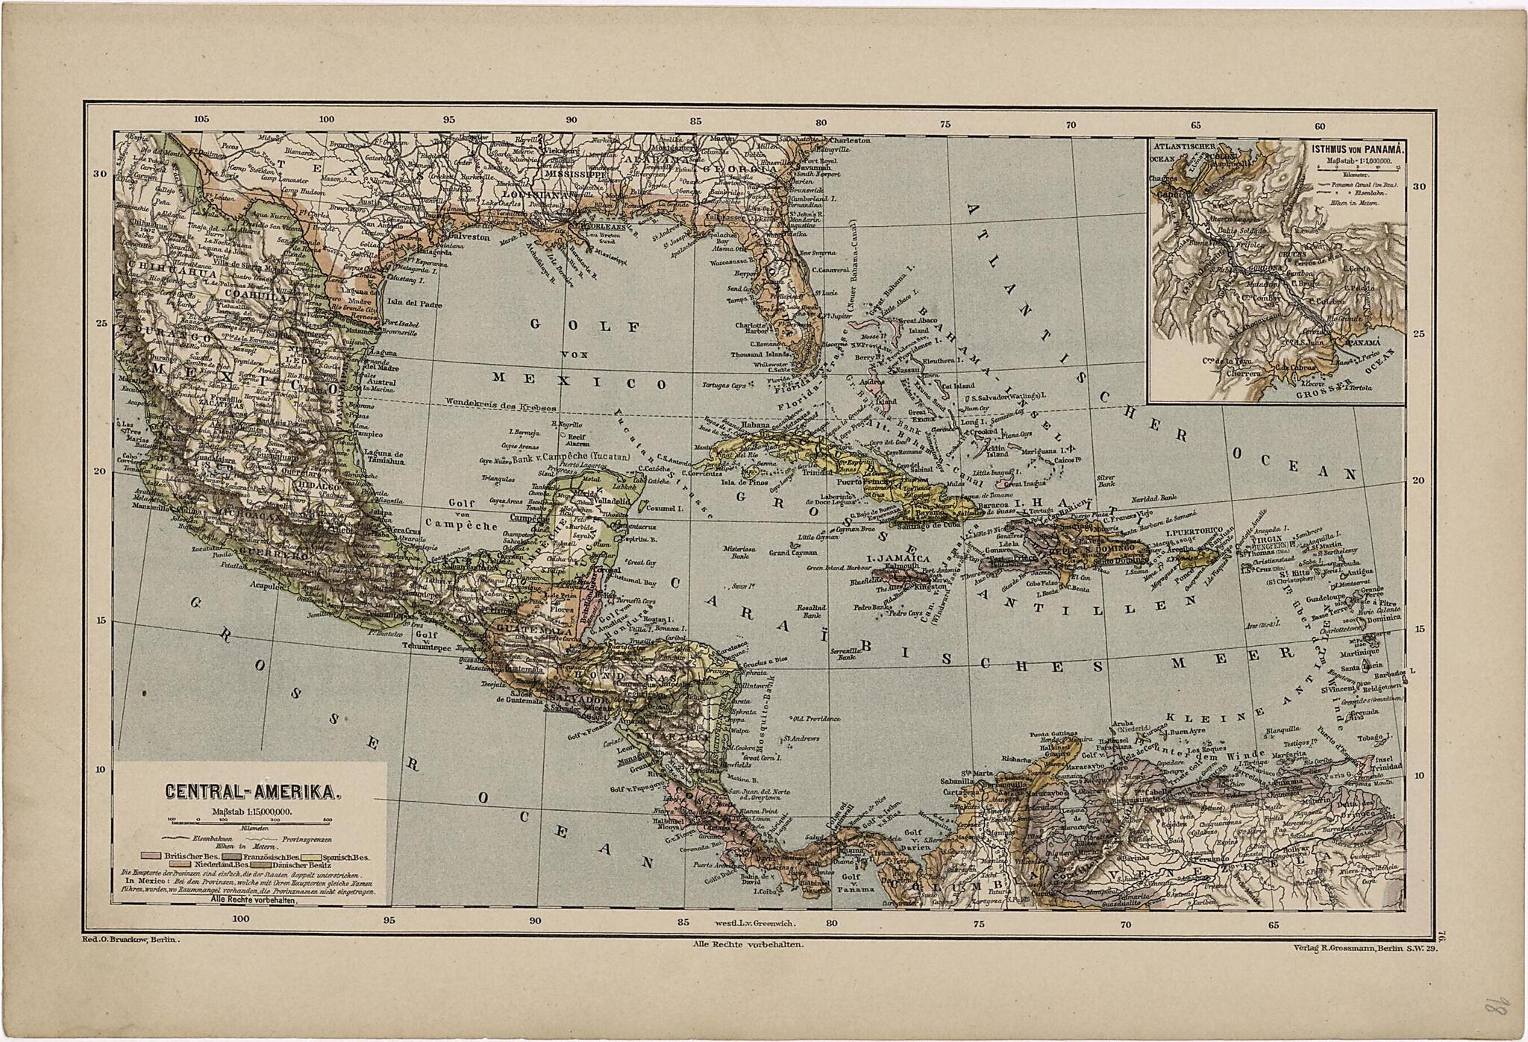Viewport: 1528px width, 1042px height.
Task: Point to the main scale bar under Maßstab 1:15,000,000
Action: point(251,820)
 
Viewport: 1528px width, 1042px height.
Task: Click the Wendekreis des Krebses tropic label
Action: point(501,403)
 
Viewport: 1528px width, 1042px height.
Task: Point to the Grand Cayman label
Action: point(794,553)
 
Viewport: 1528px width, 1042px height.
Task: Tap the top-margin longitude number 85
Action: point(695,122)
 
